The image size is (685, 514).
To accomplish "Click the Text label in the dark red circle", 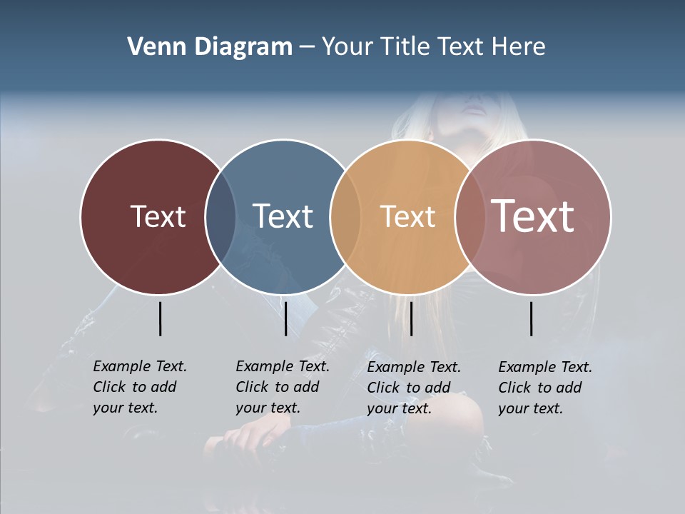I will click(158, 216).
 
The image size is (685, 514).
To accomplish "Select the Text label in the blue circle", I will click(283, 216).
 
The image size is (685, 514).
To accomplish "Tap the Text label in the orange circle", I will click(407, 216).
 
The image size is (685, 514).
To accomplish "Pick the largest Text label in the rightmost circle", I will click(532, 216).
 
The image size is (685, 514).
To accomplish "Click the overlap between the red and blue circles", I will click(220, 216).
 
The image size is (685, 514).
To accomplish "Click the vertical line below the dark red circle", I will click(160, 318).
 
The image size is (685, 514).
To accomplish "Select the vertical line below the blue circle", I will click(285, 318).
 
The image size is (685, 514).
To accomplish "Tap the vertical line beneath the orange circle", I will click(411, 318).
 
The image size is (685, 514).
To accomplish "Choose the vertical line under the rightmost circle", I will click(531, 318).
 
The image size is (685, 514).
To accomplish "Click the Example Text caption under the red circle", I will click(139, 387).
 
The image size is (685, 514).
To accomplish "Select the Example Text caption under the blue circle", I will click(282, 387).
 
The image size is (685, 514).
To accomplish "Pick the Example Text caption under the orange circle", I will click(413, 388).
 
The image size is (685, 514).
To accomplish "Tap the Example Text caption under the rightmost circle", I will click(544, 388).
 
